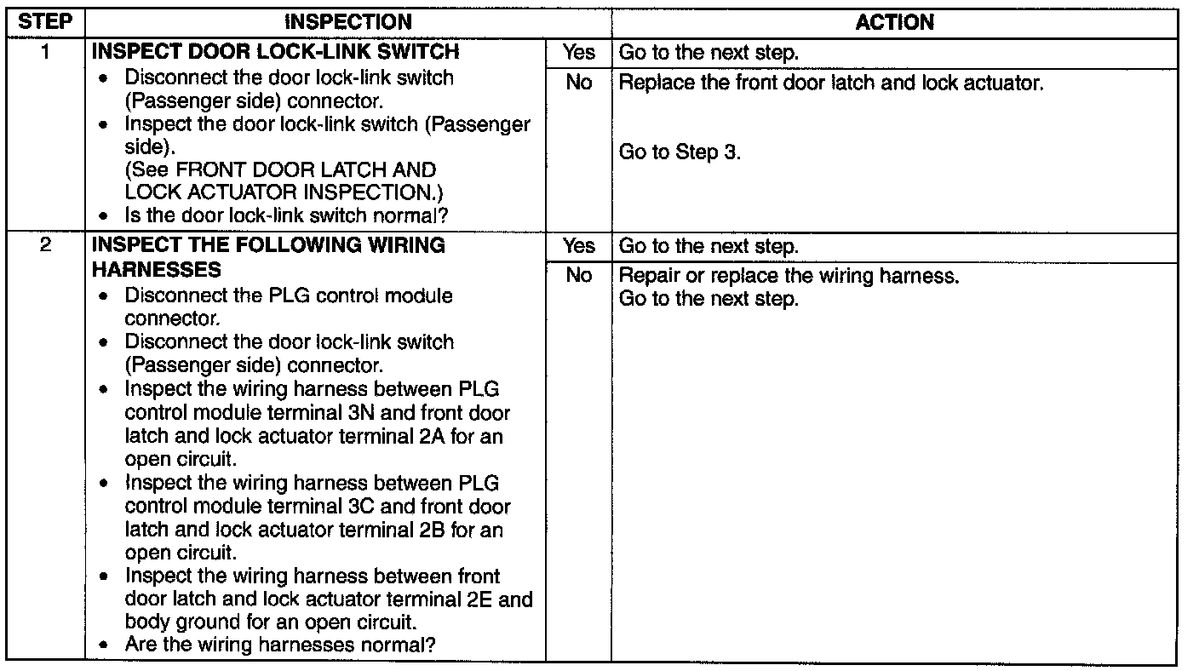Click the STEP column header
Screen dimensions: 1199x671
pyautogui.click(x=45, y=22)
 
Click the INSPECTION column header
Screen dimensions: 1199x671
pyautogui.click(x=348, y=22)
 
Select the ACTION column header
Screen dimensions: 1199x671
pyautogui.click(x=894, y=22)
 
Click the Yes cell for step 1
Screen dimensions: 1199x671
pyautogui.click(x=578, y=53)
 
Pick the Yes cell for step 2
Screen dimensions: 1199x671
pyautogui.click(x=578, y=246)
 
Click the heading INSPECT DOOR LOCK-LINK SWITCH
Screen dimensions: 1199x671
pyautogui.click(x=276, y=52)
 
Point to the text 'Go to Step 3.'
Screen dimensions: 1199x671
pyautogui.click(x=680, y=152)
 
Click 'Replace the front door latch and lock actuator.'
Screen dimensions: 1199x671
pyautogui.click(x=831, y=83)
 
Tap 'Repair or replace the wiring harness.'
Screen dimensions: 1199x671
pyautogui.click(x=789, y=276)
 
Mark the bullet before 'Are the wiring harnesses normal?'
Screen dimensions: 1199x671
pyautogui.click(x=103, y=645)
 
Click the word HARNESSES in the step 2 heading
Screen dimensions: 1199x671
pyautogui.click(x=157, y=270)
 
